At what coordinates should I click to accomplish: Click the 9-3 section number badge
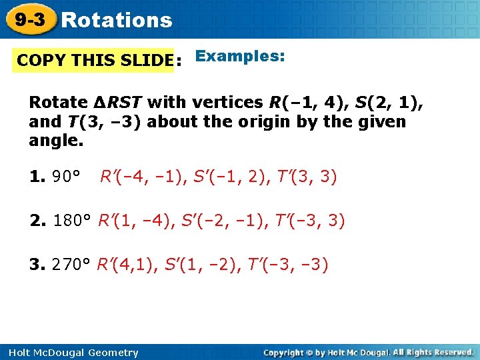point(31,20)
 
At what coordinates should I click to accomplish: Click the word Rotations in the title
point(116,21)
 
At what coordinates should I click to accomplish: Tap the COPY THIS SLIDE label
point(95,61)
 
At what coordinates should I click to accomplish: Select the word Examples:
point(240,57)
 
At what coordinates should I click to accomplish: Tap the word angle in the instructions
point(54,141)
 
